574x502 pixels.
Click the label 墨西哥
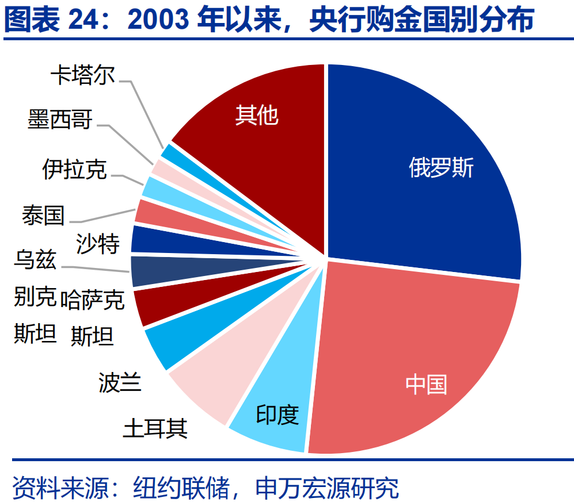60,119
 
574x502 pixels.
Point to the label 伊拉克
74,169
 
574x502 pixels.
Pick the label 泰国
43,215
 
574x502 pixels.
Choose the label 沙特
98,244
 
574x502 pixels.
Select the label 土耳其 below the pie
155,428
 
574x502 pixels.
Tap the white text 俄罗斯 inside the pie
441,168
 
